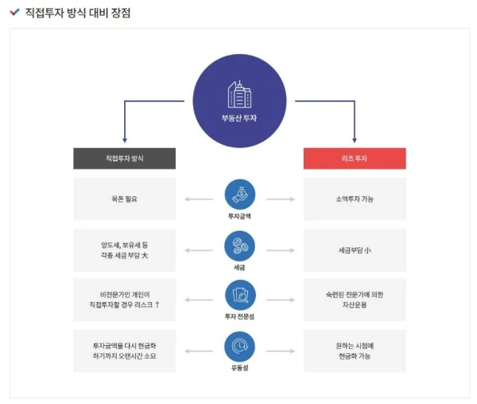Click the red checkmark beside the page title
[x=15, y=13]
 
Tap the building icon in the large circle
[x=239, y=95]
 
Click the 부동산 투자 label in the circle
[x=239, y=118]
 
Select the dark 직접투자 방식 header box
[x=124, y=158]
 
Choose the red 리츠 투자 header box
[x=355, y=158]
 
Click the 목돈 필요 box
[x=124, y=199]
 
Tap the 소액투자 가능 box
[x=355, y=199]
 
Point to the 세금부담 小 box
[x=355, y=250]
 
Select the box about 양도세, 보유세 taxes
[x=124, y=250]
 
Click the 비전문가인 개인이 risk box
[x=124, y=300]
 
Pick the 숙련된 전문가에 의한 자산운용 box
[x=355, y=300]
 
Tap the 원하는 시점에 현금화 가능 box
[x=355, y=351]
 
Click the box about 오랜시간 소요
[x=124, y=351]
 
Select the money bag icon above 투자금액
[x=239, y=194]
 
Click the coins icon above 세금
[x=239, y=246]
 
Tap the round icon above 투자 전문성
[x=239, y=296]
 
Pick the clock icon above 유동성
[x=239, y=347]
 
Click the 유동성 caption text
[x=239, y=368]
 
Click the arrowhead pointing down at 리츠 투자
[x=355, y=140]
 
